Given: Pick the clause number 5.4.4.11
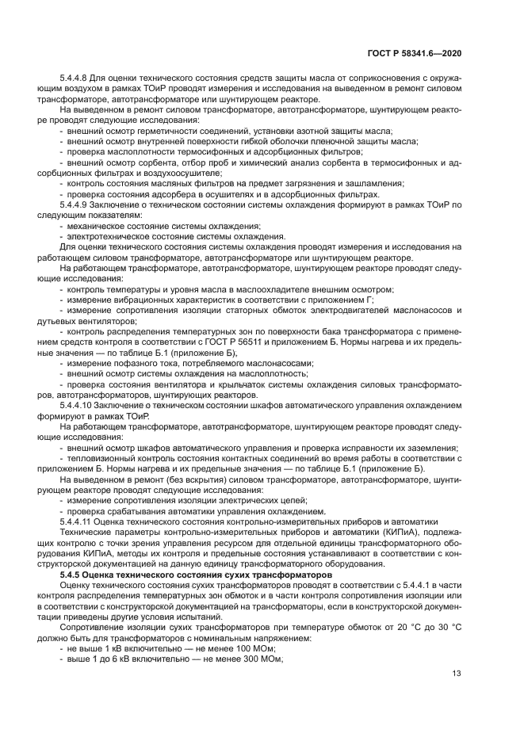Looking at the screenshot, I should (x=76, y=521).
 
